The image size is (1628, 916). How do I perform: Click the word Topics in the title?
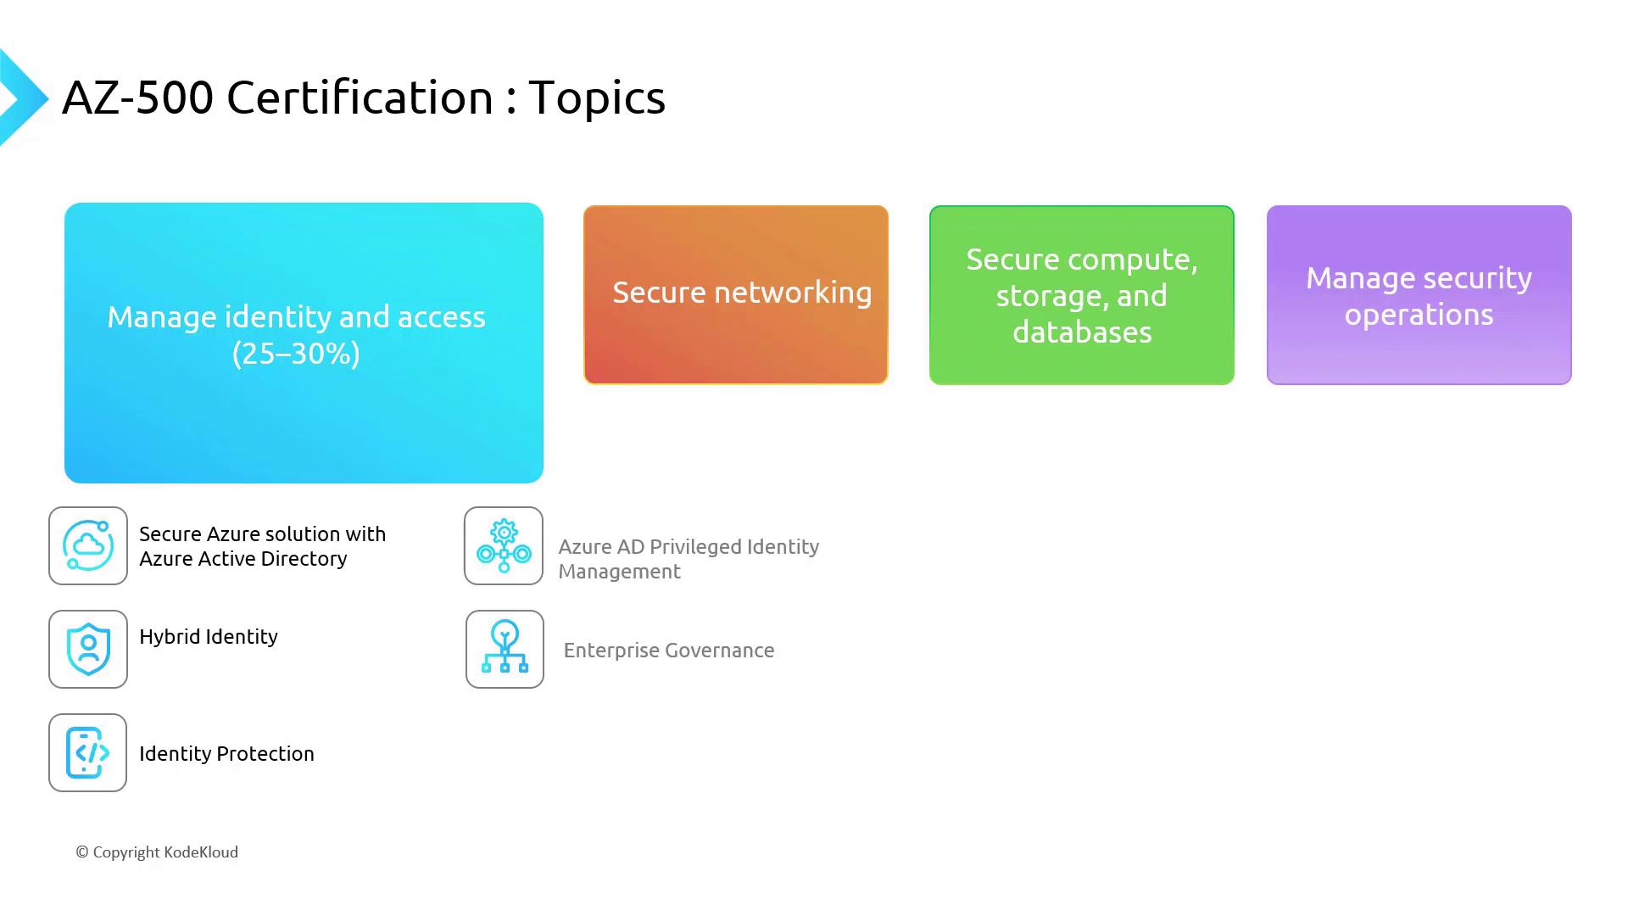click(597, 98)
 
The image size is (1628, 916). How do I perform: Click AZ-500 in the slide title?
click(137, 98)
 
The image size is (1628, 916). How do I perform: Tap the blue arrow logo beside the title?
click(23, 98)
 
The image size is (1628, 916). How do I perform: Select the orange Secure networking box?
click(736, 294)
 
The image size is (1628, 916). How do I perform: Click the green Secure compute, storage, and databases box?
click(1082, 294)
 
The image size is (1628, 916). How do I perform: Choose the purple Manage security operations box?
click(1419, 294)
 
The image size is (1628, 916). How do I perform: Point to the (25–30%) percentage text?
click(296, 354)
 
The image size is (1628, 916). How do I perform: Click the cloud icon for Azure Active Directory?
click(88, 545)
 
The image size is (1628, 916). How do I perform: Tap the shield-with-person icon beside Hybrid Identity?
click(88, 649)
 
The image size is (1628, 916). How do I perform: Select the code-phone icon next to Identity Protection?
click(88, 752)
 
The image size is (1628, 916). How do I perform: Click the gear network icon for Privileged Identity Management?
click(504, 545)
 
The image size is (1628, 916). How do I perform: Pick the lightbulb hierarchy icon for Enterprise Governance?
click(505, 649)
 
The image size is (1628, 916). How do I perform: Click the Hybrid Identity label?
click(209, 637)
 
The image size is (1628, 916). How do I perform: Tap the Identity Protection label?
click(226, 754)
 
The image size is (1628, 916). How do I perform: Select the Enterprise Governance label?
click(669, 651)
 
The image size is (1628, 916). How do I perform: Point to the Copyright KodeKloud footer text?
click(157, 852)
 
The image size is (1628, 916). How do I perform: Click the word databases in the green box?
click(1082, 332)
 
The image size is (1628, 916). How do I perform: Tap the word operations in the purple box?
click(1419, 316)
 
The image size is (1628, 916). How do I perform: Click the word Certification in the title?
click(360, 98)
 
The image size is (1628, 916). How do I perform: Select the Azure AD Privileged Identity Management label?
click(689, 559)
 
